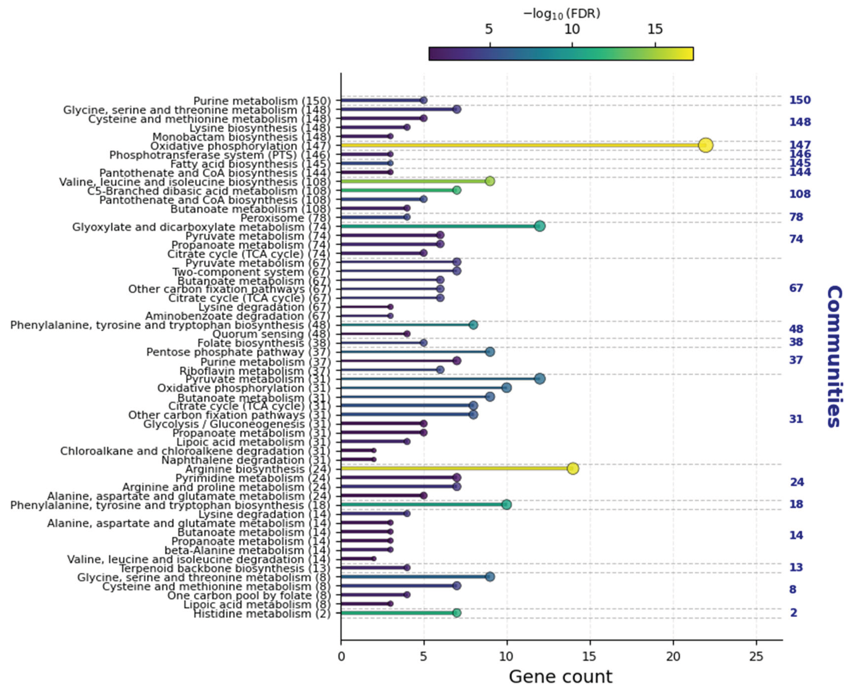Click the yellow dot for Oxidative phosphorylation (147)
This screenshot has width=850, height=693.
click(706, 145)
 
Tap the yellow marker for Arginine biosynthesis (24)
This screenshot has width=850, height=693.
click(573, 468)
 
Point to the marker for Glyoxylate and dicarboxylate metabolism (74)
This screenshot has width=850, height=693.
click(540, 226)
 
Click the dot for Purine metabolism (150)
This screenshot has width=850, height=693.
click(424, 100)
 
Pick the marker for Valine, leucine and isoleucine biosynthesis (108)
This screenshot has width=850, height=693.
click(490, 181)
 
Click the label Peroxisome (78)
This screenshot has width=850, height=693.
click(286, 218)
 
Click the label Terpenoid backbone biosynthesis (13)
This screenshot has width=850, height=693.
click(225, 568)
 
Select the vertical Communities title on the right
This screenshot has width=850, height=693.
click(834, 356)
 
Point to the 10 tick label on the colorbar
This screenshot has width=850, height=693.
click(572, 29)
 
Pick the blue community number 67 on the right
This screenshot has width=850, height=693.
click(796, 288)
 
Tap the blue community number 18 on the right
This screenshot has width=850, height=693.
click(796, 504)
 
